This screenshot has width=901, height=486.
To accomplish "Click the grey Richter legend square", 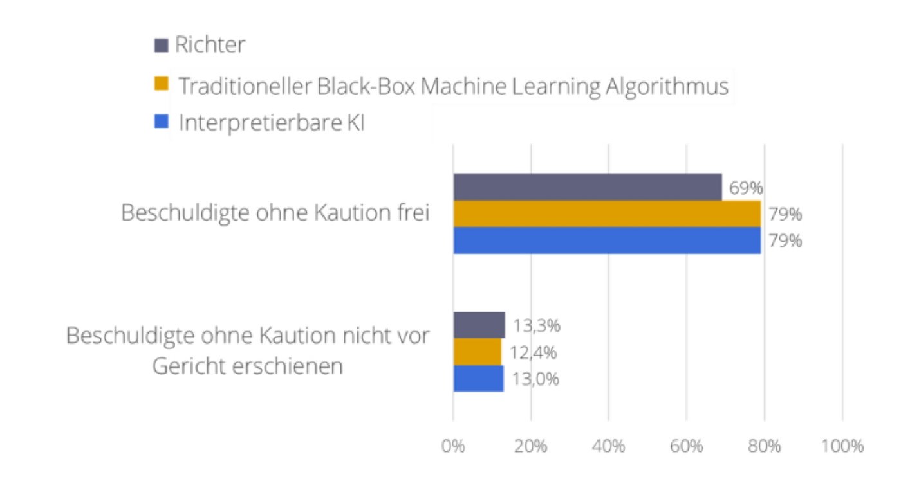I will [x=161, y=46].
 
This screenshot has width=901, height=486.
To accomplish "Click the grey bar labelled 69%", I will [x=587, y=187].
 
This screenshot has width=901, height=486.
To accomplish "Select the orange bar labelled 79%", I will [x=606, y=213].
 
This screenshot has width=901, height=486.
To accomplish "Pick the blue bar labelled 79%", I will [x=606, y=240].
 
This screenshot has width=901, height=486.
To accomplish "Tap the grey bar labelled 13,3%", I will [x=479, y=325].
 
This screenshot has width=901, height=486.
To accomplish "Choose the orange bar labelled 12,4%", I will [x=477, y=352].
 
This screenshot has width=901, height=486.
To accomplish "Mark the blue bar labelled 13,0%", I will [x=478, y=379].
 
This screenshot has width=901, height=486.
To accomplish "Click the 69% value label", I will [x=746, y=188].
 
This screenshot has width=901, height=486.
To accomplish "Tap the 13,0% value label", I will [x=535, y=379].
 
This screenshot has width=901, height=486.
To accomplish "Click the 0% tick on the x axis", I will [x=453, y=446].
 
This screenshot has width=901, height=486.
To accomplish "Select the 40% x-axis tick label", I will [x=609, y=446].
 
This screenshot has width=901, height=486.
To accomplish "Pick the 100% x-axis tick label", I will [x=842, y=446].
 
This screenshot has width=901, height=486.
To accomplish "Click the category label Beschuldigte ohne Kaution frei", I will [x=275, y=213].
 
